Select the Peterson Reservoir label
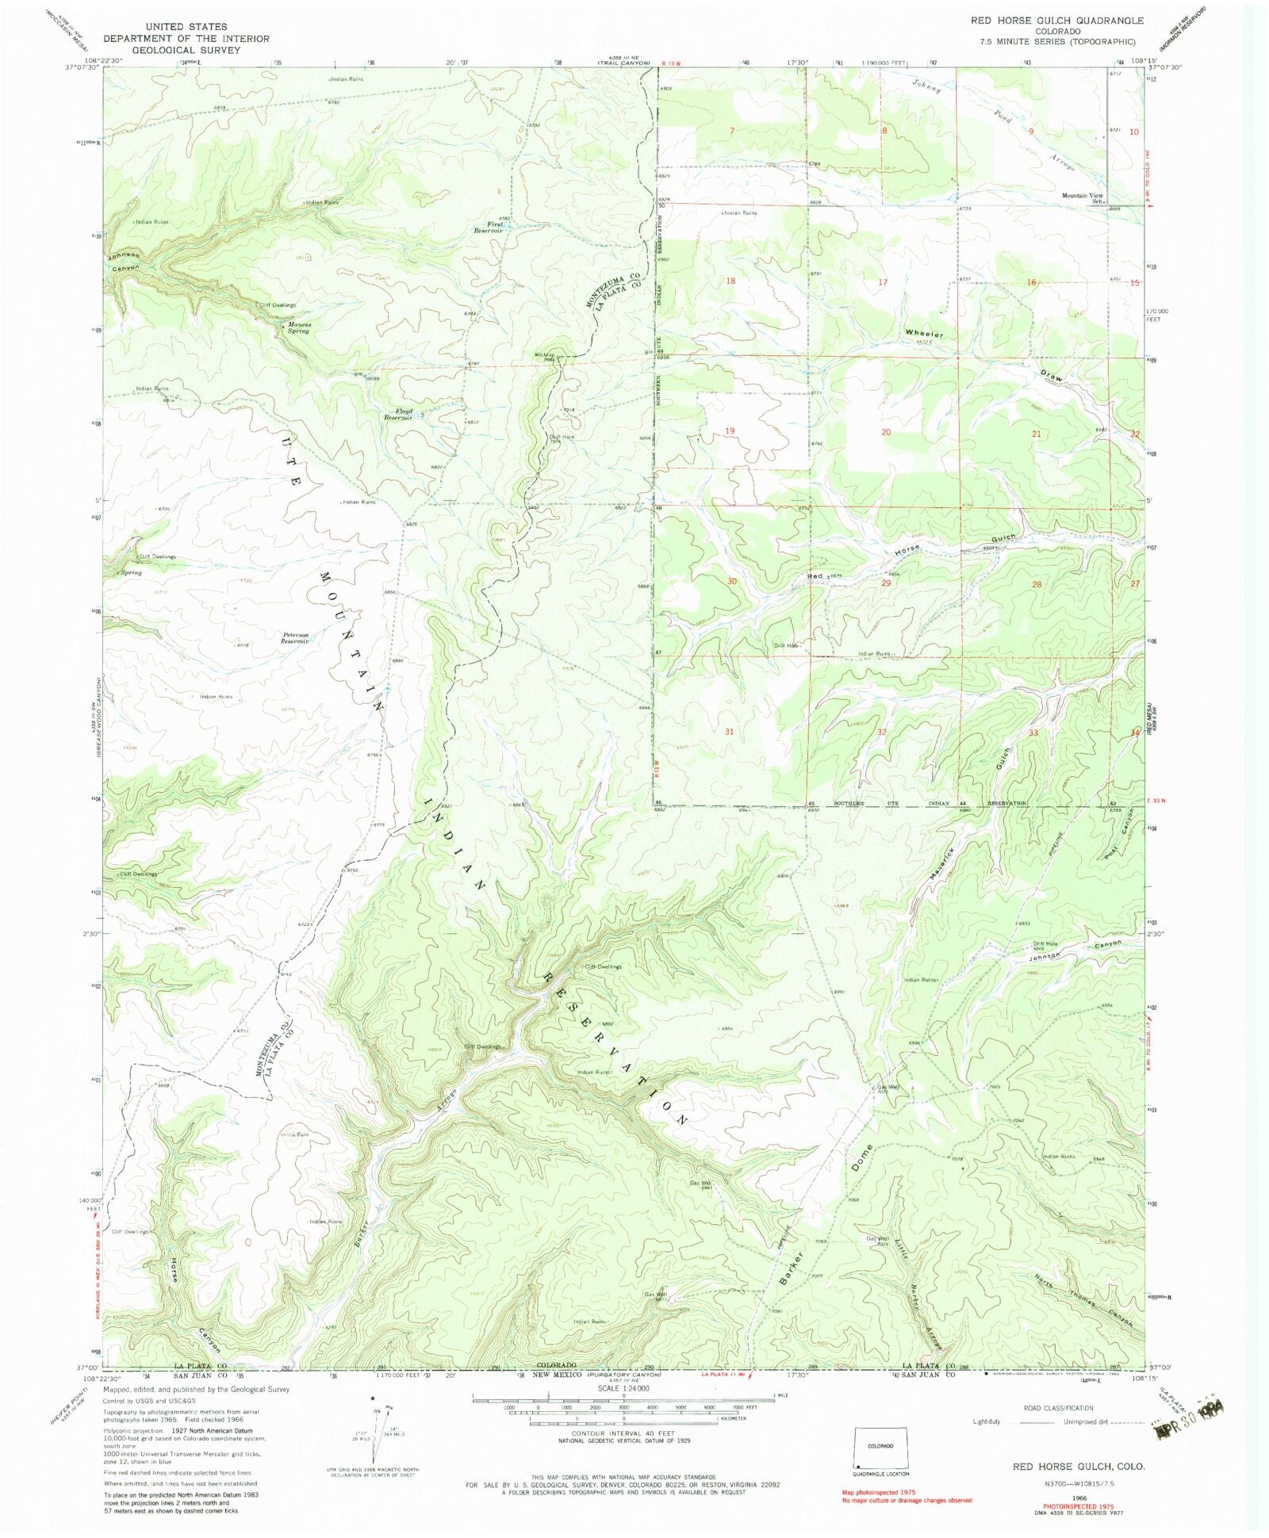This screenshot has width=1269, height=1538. [x=294, y=637]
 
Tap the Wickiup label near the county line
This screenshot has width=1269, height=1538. [x=543, y=354]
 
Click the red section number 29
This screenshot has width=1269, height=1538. [x=886, y=583]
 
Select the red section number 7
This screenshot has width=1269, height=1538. [x=732, y=129]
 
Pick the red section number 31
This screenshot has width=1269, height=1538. [x=728, y=732]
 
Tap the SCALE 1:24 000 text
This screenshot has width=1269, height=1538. [x=626, y=1388]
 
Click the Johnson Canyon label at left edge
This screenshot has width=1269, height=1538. [x=125, y=262]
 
